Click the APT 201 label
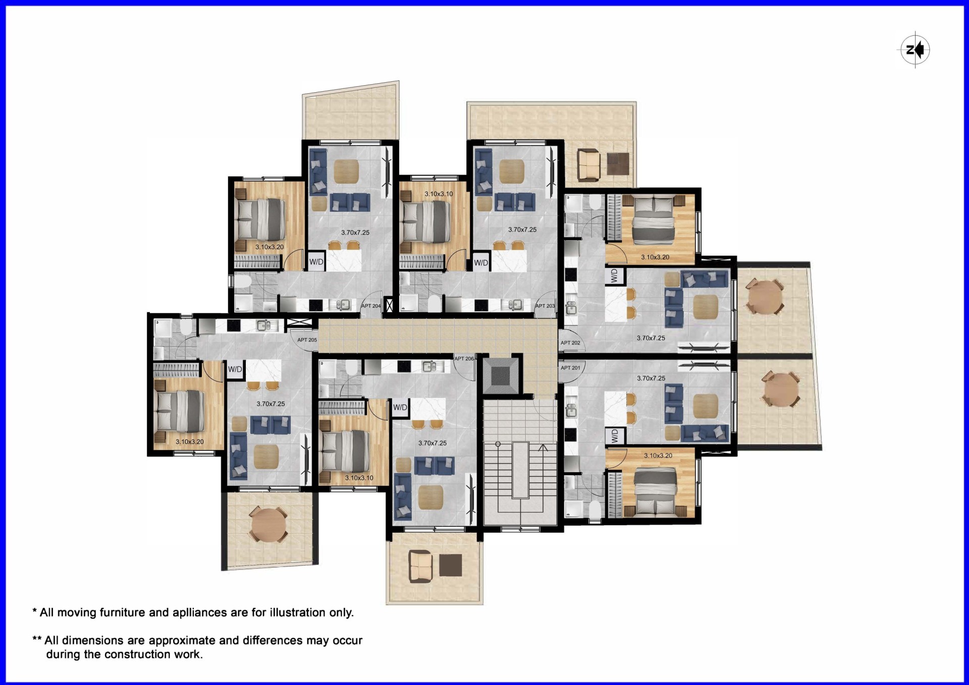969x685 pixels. coord(570,368)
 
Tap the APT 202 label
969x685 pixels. coord(570,343)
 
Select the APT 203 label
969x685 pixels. coord(545,306)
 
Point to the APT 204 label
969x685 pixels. coord(371,306)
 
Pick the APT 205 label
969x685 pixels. coord(307,340)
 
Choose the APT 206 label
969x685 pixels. coord(464,359)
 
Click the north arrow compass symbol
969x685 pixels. coord(916,50)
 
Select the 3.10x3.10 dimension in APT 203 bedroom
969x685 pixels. coord(439,194)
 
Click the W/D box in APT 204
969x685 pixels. coord(316,262)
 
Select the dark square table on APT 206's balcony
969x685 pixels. coord(450,565)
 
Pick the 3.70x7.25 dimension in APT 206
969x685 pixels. coord(433,443)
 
